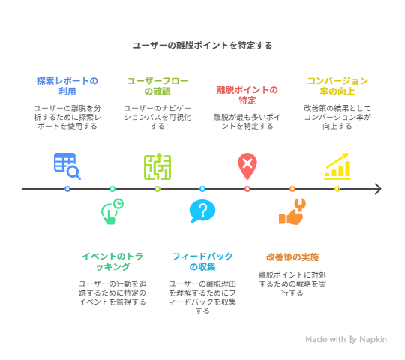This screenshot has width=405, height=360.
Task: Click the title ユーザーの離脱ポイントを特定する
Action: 202,46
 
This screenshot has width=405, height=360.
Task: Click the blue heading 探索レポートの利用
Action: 67,86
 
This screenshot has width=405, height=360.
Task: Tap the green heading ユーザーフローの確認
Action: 157,86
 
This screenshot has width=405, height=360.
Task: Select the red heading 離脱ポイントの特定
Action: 247,95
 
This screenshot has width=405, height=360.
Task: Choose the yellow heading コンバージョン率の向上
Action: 337,86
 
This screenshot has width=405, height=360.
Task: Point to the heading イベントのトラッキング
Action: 112,261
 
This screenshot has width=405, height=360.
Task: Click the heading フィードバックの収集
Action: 202,261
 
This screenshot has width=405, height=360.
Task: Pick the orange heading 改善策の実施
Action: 292,257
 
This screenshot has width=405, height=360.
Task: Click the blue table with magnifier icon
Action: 67,166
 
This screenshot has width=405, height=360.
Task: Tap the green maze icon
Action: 157,166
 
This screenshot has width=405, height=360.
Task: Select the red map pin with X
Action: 247,166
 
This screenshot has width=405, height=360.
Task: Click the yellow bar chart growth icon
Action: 337,166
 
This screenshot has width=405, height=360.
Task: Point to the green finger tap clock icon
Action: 112,211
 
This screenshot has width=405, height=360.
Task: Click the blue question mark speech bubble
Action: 202,211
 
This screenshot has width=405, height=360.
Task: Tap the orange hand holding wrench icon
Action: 292,211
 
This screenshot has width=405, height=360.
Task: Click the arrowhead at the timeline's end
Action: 379,189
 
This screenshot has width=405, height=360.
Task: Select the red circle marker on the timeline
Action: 247,189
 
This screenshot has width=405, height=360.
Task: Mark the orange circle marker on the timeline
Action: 292,189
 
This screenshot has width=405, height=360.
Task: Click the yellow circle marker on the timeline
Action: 337,189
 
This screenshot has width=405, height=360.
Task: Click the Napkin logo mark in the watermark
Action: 352,339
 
